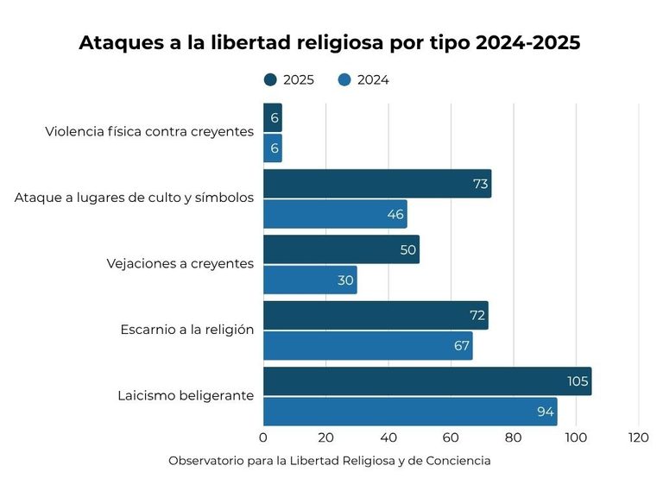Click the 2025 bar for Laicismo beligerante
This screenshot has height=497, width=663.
(427, 381)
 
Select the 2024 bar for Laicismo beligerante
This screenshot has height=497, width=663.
(410, 412)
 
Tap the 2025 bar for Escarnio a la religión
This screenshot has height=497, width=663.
(376, 315)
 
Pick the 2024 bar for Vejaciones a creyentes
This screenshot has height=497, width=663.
(310, 280)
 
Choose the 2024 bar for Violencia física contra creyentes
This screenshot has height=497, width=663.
(273, 148)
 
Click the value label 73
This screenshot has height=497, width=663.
(480, 184)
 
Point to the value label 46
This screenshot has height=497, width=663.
(395, 214)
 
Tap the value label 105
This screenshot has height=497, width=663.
(578, 381)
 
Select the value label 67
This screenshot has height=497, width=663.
(462, 346)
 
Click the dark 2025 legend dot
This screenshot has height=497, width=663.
(270, 80)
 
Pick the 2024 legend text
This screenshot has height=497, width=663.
(373, 80)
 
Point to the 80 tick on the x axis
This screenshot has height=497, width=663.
(513, 437)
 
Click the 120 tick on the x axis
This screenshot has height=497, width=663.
(638, 437)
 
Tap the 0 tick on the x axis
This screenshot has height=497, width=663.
(263, 437)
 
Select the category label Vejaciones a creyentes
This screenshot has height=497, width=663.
(180, 264)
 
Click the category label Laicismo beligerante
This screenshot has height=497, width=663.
(186, 395)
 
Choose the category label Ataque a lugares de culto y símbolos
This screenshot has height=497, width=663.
(134, 198)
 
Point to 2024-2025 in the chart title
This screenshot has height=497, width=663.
(528, 42)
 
